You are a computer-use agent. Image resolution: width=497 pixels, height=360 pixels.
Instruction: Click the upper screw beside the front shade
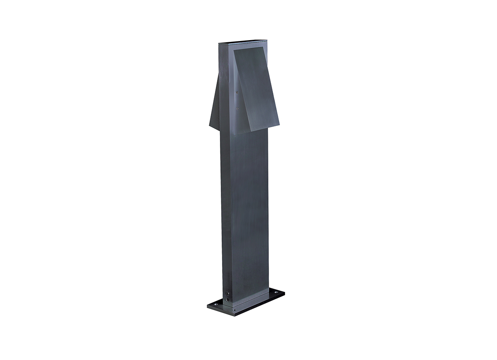click(x=236, y=92)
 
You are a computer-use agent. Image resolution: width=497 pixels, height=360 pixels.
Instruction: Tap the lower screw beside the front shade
click(x=236, y=109)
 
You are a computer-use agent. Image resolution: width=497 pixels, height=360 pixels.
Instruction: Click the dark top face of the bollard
click(x=242, y=42)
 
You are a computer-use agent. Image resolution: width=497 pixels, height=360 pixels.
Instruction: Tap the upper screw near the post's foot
click(x=227, y=294)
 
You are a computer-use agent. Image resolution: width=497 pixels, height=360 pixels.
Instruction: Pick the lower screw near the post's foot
click(x=227, y=299)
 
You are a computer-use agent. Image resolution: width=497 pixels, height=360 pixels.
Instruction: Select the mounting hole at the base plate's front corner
click(x=234, y=310)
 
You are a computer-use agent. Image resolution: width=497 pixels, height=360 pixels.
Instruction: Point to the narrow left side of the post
click(x=226, y=207)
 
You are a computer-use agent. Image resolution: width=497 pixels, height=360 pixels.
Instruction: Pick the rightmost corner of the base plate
click(x=285, y=291)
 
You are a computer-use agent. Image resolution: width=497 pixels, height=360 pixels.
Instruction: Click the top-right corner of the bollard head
click(x=267, y=41)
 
